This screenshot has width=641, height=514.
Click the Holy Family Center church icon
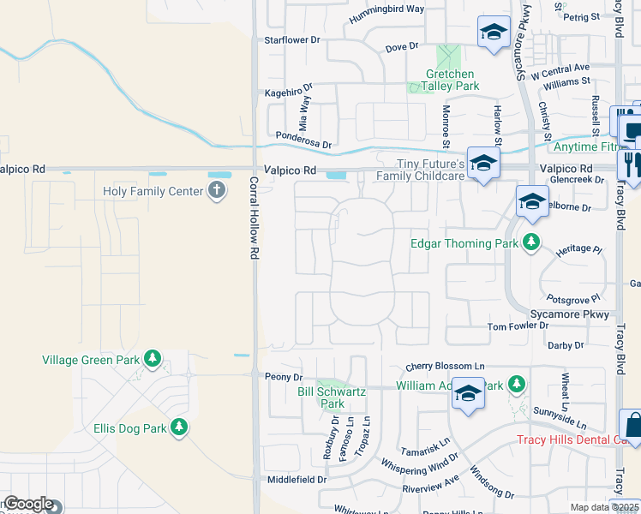(x=218, y=191)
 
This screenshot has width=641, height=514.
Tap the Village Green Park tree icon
(x=153, y=358)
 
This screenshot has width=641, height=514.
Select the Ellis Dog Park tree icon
(x=179, y=426)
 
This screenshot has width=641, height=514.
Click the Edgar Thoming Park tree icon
(x=531, y=242)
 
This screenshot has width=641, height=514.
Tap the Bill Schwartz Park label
(x=332, y=397)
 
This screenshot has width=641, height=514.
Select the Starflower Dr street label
(x=292, y=39)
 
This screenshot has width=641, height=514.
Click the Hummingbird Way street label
(x=386, y=9)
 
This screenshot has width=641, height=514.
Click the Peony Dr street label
(x=285, y=377)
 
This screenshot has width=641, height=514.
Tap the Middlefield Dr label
(x=297, y=480)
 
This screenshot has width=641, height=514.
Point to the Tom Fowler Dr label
(x=518, y=326)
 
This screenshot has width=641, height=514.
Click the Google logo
(x=27, y=504)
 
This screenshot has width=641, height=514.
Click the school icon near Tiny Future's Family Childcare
(x=483, y=163)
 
